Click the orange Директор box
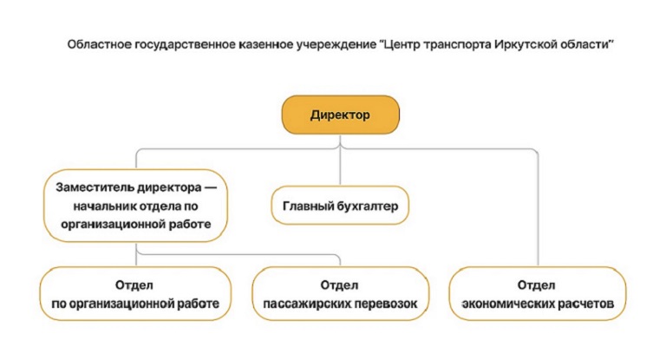click(x=341, y=115)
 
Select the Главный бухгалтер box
click(x=340, y=206)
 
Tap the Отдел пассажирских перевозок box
click(x=340, y=294)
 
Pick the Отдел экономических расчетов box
click(x=538, y=294)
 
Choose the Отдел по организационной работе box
click(x=135, y=294)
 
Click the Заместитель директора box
click(x=135, y=206)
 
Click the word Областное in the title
click(x=100, y=44)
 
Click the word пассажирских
click(x=307, y=304)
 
